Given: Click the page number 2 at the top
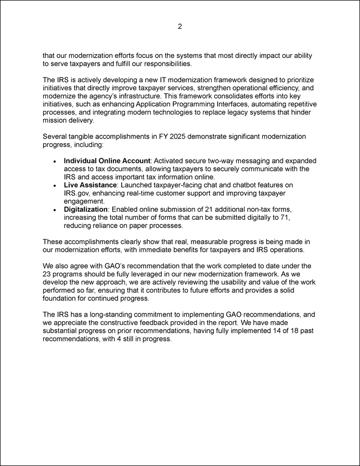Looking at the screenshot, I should click(179, 27).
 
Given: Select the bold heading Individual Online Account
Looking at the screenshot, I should click(107, 161).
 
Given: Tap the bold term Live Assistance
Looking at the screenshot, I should click(90, 185).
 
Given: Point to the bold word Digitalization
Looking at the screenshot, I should click(85, 209).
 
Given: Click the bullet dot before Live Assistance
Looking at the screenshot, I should click(55, 185).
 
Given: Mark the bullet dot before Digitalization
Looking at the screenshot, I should click(55, 209).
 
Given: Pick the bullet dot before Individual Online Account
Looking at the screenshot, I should click(55, 161).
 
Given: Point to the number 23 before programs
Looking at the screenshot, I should click(47, 273).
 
